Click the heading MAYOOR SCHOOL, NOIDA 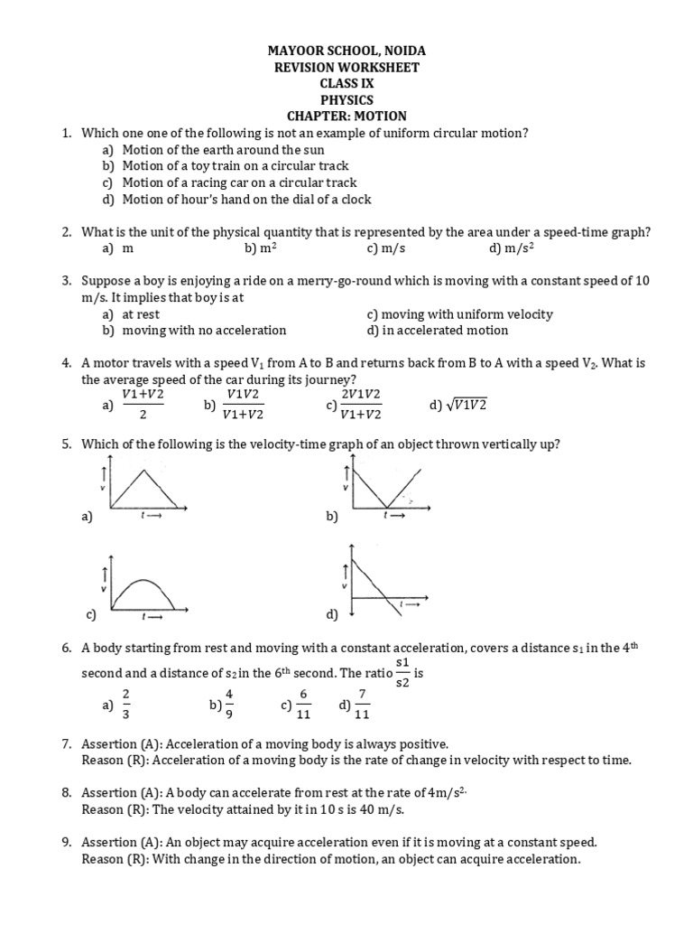(346, 51)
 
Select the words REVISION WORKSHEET (346, 68)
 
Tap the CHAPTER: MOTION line (346, 116)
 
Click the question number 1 (67, 133)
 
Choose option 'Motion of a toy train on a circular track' (235, 166)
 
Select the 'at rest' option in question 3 (141, 314)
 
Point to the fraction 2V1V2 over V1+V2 (360, 406)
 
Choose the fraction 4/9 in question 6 (228, 705)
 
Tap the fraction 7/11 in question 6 (361, 705)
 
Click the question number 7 (67, 743)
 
